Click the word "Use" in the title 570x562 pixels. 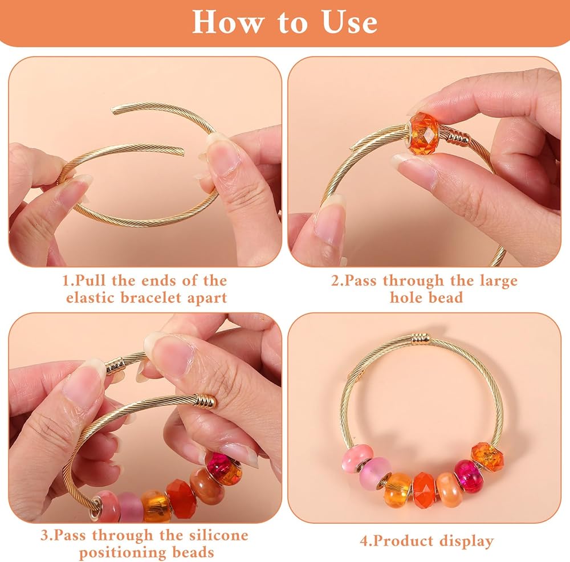(x=349, y=22)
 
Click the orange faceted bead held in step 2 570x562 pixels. (x=424, y=132)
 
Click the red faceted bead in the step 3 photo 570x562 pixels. (x=182, y=498)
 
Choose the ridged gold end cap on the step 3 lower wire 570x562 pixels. (x=206, y=401)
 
